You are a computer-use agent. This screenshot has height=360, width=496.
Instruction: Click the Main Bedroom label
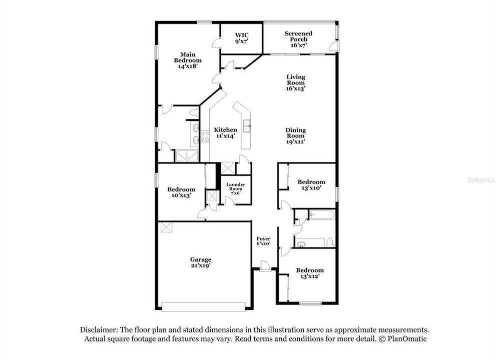[x=188, y=60]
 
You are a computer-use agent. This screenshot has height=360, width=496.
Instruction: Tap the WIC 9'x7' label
[x=242, y=38]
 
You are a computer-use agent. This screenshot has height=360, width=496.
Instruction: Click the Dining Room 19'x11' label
[x=296, y=135]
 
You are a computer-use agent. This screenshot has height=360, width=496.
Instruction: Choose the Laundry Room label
[x=235, y=188]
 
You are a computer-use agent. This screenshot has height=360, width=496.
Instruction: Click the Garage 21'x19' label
[x=200, y=262]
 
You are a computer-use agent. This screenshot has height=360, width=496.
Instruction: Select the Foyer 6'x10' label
[x=264, y=241]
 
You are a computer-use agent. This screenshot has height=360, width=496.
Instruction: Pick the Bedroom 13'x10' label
[x=311, y=185]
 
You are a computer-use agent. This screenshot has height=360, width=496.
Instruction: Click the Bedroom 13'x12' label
[x=310, y=273]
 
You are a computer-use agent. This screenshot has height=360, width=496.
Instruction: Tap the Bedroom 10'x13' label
[x=181, y=192]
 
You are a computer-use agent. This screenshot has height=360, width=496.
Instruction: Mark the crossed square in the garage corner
[x=166, y=227]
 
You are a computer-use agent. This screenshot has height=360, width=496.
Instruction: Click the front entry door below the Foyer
[x=265, y=268]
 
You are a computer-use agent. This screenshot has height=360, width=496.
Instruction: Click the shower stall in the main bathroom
[x=186, y=156]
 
